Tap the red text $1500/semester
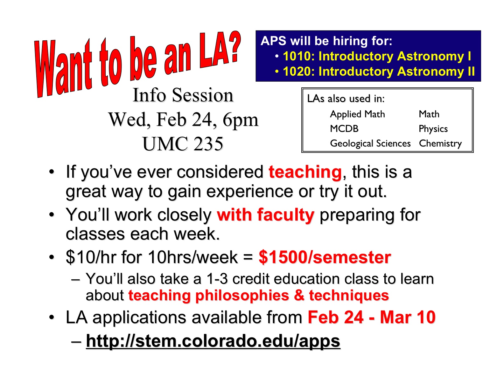pos(325,257)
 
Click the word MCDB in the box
pos(344,129)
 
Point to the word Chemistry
pos(440,144)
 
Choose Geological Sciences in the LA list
pos(370,144)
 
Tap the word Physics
pos(433,129)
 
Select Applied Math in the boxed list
pos(357,114)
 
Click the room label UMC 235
pos(183,144)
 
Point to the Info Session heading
pos(183,95)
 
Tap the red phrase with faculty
pos(265,215)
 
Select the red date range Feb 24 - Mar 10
pos(372,317)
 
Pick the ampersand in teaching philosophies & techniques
pos(299,296)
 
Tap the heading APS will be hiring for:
pos(326,41)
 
